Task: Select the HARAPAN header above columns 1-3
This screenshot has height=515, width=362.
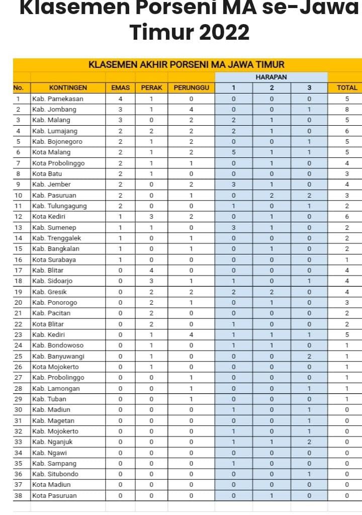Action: [x=271, y=77]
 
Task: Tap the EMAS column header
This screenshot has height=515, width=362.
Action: [x=120, y=88]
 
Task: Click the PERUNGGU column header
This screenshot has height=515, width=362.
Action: [x=191, y=88]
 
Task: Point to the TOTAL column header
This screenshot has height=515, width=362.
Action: [x=347, y=88]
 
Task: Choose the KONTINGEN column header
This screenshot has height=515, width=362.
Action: [x=68, y=88]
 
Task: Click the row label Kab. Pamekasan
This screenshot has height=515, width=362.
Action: [x=57, y=99]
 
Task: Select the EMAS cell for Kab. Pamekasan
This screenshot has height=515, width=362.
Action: [x=120, y=99]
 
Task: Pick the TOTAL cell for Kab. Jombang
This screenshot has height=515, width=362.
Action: [x=347, y=109]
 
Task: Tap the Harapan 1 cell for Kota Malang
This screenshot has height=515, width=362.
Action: [x=233, y=152]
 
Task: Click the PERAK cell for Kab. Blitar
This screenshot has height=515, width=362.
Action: [x=151, y=270]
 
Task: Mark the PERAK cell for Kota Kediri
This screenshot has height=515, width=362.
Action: [x=151, y=216]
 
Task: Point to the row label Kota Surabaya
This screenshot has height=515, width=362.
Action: [x=55, y=260]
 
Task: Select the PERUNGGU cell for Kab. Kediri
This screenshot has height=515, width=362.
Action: [x=191, y=334]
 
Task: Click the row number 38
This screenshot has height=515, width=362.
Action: [x=18, y=495]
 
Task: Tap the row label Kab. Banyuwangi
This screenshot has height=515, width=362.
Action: [x=58, y=356]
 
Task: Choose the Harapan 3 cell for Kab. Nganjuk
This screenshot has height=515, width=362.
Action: [x=309, y=442]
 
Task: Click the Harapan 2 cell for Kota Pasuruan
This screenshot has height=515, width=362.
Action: [x=271, y=495]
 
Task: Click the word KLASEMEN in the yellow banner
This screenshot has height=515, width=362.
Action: [x=110, y=65]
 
